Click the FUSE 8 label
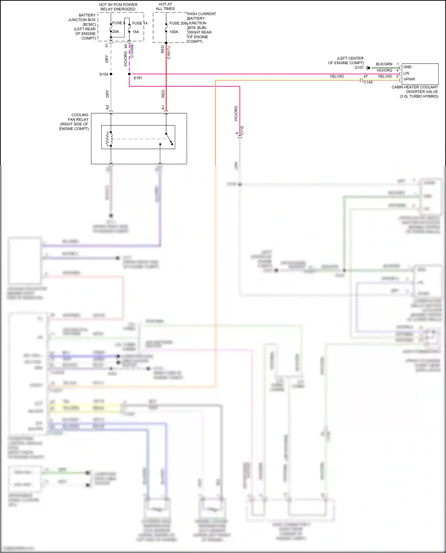coord(118,23)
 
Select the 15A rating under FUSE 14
coord(136,32)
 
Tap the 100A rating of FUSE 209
coord(174,32)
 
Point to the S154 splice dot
coord(111,74)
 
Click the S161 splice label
coord(138,78)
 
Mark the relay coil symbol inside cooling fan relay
coord(109,139)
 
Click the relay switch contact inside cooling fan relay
coord(169,139)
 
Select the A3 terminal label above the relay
coord(107,107)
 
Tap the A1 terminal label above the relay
coord(163,107)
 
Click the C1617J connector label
coord(169,53)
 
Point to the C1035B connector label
coord(132,51)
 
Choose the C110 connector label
coord(242,130)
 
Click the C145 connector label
coord(368,82)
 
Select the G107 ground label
coord(359,67)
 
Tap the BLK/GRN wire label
coord(384,64)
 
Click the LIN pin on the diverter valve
coord(406,73)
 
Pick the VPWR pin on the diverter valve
coord(409,79)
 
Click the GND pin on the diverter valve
coord(407,67)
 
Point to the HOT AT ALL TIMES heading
coord(165,6)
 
